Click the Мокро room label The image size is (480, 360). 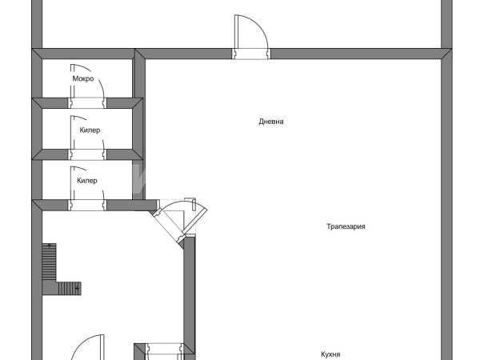coord(83,78)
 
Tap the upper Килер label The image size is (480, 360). coord(90,130)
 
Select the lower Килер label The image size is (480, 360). coord(87,181)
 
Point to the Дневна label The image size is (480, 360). coord(271,122)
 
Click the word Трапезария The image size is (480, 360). coord(346,226)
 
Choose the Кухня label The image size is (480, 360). coord(330,354)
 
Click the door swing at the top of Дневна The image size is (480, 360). coord(251,37)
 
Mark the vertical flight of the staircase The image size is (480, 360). coord(49,262)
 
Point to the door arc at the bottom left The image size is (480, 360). coord(88,347)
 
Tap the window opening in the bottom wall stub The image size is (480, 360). coord(165,351)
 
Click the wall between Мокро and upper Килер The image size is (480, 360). coord(87,103)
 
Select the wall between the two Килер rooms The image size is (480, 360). coord(87,154)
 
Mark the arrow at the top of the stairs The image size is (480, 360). coord(49,246)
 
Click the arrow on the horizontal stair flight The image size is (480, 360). coord(77,288)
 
